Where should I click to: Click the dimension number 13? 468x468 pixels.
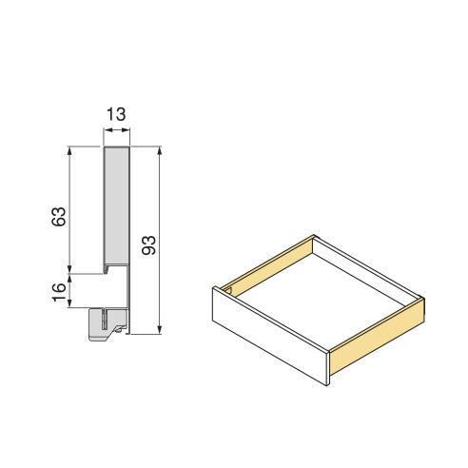tap(116, 114)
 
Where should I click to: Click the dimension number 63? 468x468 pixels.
tap(58, 216)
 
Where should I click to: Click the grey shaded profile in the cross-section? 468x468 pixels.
tap(116, 205)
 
